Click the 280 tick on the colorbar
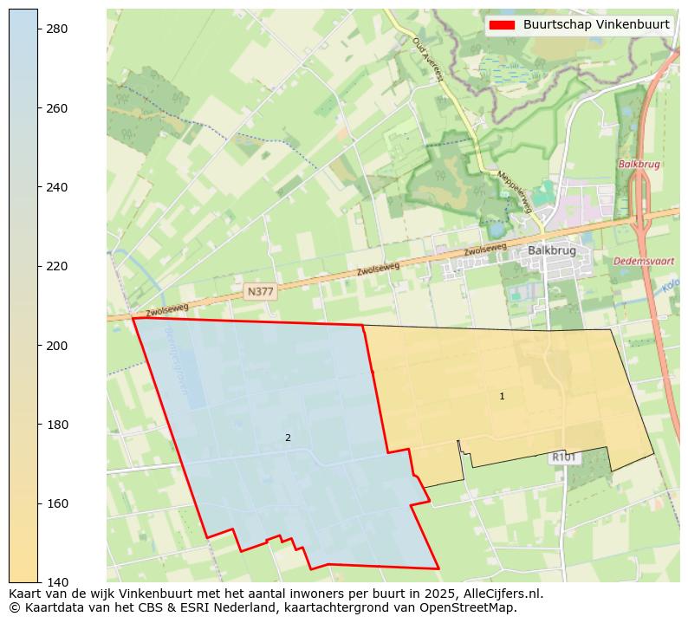57,29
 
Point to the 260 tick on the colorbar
57,108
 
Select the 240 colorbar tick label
57,187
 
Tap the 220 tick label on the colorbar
57,266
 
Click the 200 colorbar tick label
57,346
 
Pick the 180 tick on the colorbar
57,425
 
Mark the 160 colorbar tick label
57,503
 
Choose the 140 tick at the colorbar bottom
57,582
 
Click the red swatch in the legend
502,25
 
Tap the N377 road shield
260,292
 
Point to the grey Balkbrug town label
552,251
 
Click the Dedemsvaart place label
645,261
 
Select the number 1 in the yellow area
502,397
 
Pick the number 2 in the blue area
288,438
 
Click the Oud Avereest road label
427,59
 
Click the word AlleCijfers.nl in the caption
500,594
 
